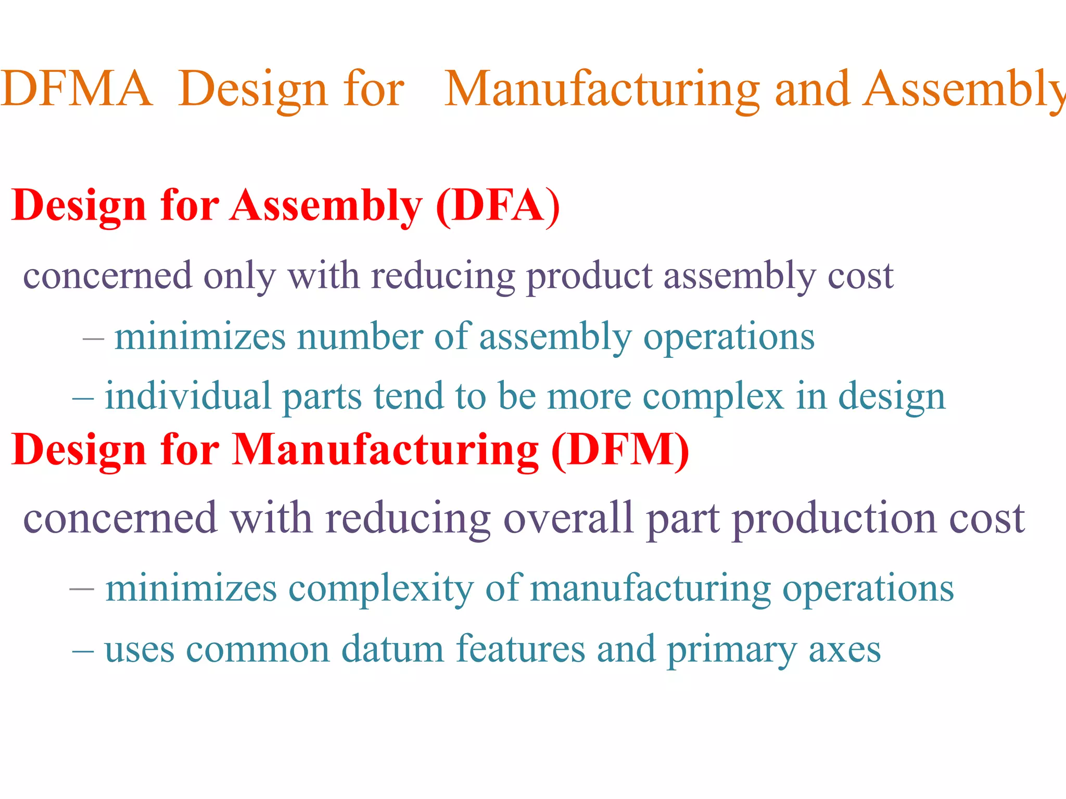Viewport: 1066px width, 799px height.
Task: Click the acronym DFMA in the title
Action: tap(77, 88)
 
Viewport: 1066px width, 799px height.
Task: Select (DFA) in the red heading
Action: tap(498, 206)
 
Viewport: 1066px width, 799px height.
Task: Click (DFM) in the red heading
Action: tap(620, 450)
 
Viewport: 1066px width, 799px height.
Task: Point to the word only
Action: tap(239, 276)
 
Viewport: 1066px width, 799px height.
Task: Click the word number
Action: tap(360, 337)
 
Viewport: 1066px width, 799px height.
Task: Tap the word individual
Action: tap(188, 396)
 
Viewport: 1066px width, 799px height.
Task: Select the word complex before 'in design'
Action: tap(713, 396)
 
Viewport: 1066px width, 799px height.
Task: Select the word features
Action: tap(521, 649)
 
